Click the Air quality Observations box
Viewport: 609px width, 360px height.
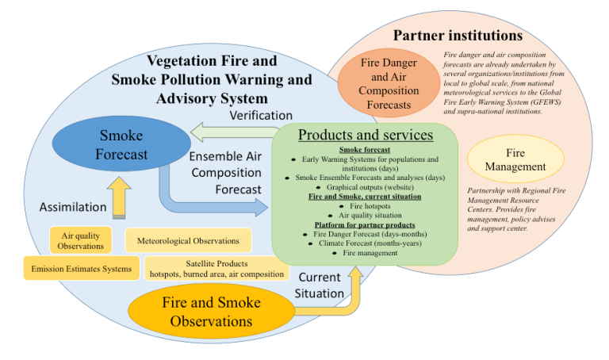(82, 240)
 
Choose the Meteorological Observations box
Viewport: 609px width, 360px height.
(188, 240)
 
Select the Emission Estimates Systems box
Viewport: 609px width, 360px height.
(81, 269)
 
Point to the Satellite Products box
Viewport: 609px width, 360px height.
(216, 269)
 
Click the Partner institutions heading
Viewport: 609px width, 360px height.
(458, 36)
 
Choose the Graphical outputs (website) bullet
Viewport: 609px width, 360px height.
(366, 186)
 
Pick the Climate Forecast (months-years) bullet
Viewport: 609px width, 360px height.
(366, 243)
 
